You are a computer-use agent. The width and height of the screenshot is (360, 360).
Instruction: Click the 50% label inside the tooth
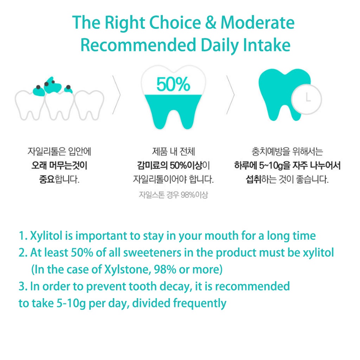[173, 84]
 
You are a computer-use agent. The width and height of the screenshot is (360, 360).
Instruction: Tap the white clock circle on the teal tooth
[307, 99]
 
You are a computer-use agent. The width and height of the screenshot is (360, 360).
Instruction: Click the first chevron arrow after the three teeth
[116, 95]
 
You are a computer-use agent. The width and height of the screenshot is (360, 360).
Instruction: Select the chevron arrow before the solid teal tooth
[231, 95]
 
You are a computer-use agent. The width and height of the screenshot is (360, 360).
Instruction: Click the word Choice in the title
[175, 22]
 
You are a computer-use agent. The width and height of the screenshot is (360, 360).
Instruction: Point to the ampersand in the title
[211, 22]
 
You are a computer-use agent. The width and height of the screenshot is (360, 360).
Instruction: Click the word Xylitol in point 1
[46, 236]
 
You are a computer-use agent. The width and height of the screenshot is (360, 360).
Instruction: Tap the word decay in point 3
[176, 286]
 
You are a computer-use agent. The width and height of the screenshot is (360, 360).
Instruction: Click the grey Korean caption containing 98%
[173, 195]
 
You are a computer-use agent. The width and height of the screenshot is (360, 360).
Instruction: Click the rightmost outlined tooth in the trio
[89, 105]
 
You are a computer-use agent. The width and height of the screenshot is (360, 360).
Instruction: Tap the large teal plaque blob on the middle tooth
[53, 85]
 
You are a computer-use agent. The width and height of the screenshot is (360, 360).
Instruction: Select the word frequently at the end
[200, 303]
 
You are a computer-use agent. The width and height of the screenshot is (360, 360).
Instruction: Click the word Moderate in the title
[257, 22]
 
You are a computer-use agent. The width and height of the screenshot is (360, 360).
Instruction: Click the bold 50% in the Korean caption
[178, 165]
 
